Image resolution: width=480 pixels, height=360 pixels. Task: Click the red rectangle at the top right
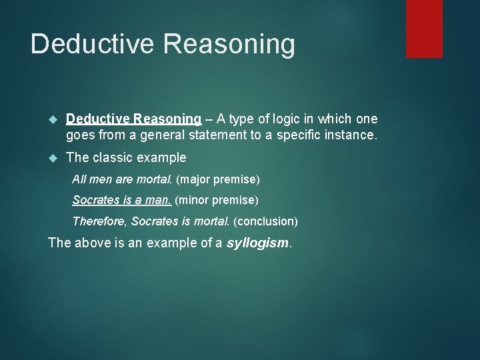click(x=424, y=28)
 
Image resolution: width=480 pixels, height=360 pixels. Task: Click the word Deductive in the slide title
click(x=91, y=45)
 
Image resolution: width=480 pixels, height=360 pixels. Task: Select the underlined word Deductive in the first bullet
click(x=98, y=119)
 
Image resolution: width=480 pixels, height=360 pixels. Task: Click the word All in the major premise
click(x=79, y=180)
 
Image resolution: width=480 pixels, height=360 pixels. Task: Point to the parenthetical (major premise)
click(x=218, y=180)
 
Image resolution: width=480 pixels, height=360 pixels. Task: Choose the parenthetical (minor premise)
click(x=217, y=200)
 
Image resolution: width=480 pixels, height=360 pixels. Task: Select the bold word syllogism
click(x=258, y=242)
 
